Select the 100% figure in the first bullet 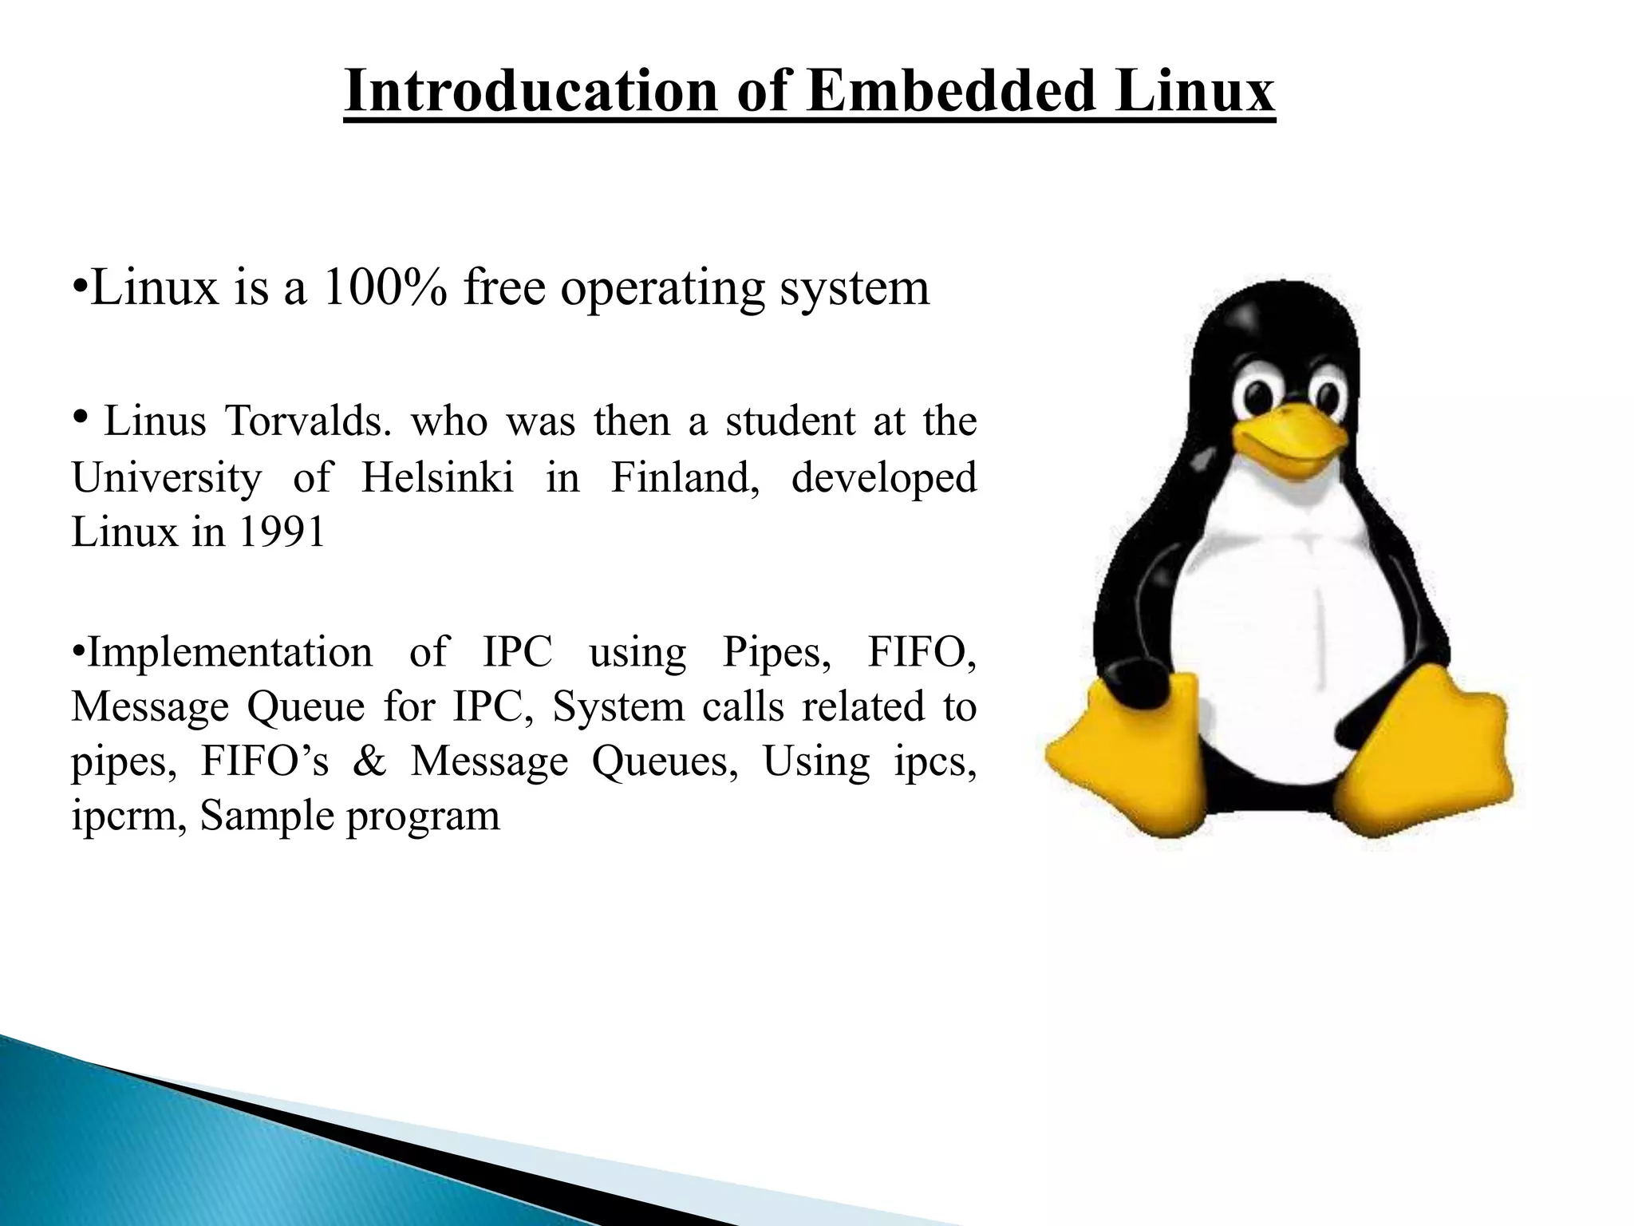385,288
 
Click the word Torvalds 308,421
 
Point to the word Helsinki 437,478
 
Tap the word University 167,478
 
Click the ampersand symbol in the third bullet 369,761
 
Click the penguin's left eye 1260,393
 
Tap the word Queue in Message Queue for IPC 305,707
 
